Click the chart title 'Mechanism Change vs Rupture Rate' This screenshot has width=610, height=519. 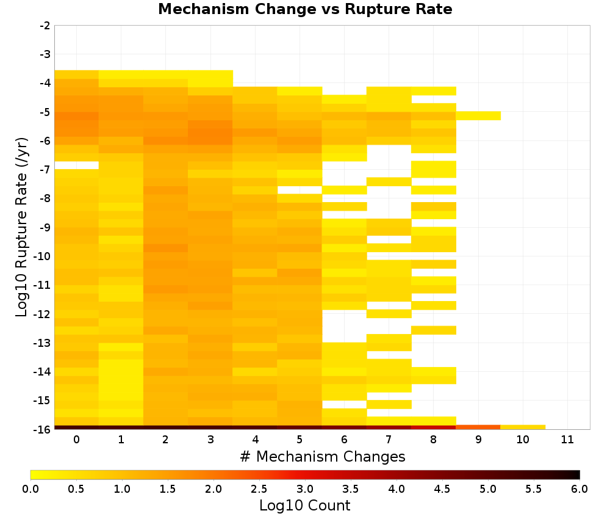[x=305, y=9]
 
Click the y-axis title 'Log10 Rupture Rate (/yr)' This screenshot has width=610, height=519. [x=22, y=227]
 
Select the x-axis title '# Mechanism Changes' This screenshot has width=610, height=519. [x=323, y=456]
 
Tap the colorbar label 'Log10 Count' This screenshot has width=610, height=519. [x=304, y=506]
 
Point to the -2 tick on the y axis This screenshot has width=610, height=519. [x=45, y=26]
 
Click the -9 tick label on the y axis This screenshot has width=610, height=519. [x=45, y=227]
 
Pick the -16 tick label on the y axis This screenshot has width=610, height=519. [x=43, y=429]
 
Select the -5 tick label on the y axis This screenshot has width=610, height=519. [x=45, y=112]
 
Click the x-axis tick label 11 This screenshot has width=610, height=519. [x=567, y=440]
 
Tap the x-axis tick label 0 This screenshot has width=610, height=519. [x=77, y=440]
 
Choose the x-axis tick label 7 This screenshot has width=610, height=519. [x=389, y=440]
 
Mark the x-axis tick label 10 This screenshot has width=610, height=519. [x=523, y=440]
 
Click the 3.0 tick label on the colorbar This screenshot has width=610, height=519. [x=305, y=488]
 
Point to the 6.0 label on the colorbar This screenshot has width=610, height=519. [x=579, y=488]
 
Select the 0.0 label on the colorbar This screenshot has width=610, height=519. [x=30, y=488]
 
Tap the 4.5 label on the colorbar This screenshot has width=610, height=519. [x=442, y=488]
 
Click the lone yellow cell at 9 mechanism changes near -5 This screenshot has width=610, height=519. [x=478, y=116]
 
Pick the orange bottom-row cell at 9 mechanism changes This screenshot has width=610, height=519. [x=478, y=427]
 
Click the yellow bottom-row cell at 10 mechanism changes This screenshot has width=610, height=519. [x=523, y=427]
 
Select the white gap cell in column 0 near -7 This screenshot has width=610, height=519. [x=77, y=165]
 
